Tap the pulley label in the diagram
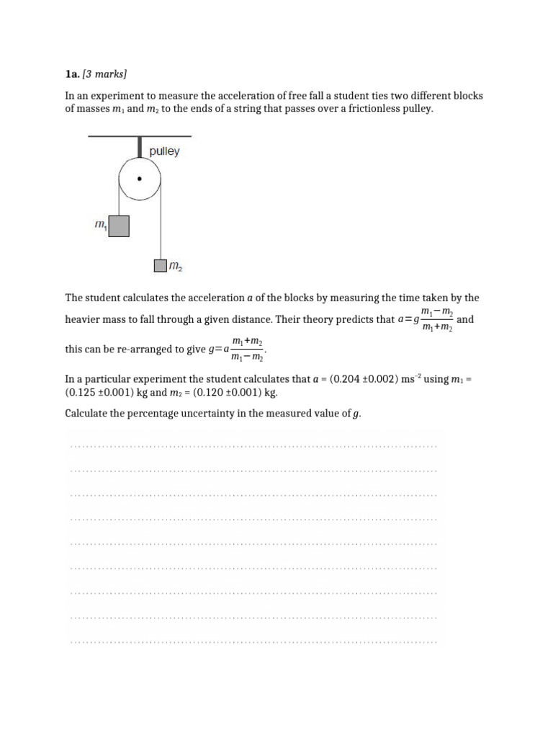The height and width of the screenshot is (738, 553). [x=164, y=151]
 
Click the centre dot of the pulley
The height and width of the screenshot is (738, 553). [x=140, y=178]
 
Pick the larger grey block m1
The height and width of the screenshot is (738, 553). [x=119, y=226]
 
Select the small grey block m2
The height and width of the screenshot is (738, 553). [x=160, y=267]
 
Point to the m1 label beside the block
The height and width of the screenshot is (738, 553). [x=101, y=226]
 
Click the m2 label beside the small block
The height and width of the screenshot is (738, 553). [x=175, y=267]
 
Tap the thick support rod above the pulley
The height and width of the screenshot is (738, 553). [x=140, y=147]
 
